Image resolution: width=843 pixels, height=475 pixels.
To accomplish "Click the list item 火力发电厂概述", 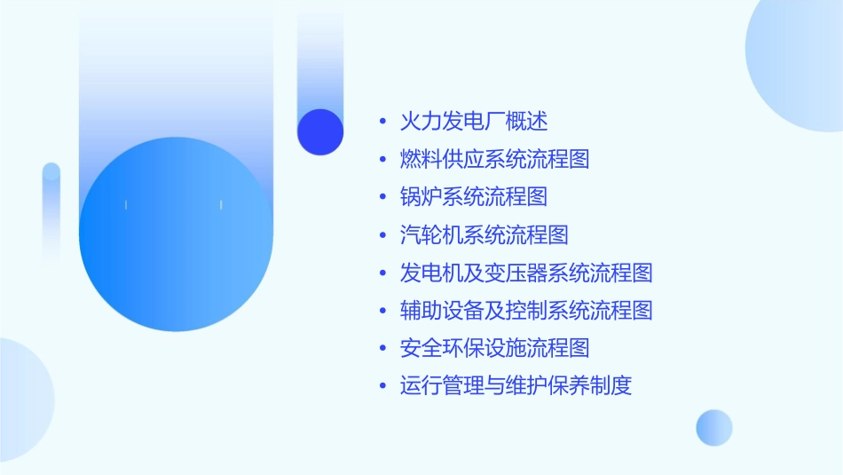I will pyautogui.click(x=474, y=121).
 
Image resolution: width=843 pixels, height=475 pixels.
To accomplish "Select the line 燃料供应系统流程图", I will pyautogui.click(x=495, y=159).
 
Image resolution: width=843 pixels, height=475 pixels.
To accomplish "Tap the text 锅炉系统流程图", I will pyautogui.click(x=474, y=196).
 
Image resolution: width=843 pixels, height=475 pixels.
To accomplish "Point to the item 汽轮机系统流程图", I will pyautogui.click(x=485, y=234).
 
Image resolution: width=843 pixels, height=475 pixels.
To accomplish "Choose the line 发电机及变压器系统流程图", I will pyautogui.click(x=526, y=273).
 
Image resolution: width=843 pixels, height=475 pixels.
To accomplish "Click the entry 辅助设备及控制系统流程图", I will pyautogui.click(x=526, y=311).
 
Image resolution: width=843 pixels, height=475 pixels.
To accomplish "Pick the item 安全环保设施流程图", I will pyautogui.click(x=495, y=348).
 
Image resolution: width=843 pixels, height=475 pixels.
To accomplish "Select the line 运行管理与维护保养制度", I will pyautogui.click(x=516, y=386).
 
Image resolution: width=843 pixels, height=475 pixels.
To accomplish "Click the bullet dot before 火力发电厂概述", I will pyautogui.click(x=382, y=122).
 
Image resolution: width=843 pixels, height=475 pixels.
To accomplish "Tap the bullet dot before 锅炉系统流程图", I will pyautogui.click(x=382, y=197).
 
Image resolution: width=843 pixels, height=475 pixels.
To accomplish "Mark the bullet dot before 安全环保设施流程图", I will pyautogui.click(x=382, y=349).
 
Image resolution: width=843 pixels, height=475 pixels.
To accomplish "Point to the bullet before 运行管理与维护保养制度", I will pyautogui.click(x=382, y=387).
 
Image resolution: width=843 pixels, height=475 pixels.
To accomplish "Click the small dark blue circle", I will pyautogui.click(x=320, y=131).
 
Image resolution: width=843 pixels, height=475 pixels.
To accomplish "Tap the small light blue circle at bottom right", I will pyautogui.click(x=714, y=427).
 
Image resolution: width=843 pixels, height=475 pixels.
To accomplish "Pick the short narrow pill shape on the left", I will pyautogui.click(x=51, y=209).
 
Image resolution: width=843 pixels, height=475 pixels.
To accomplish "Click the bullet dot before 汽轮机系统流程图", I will pyautogui.click(x=382, y=235).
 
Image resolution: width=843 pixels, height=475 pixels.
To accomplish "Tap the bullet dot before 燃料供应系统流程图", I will pyautogui.click(x=382, y=160).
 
